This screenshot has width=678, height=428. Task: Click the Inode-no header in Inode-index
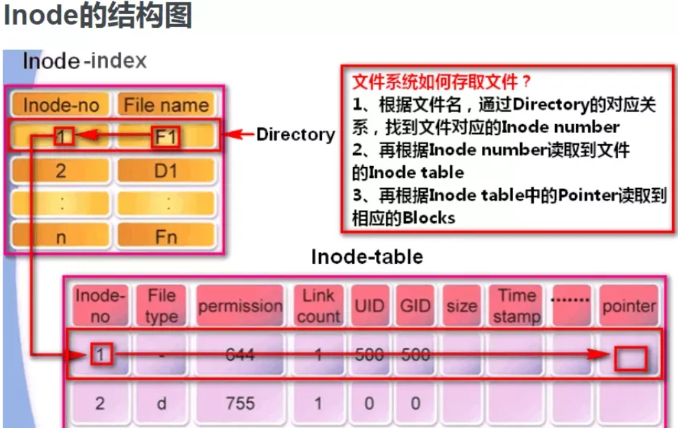61,105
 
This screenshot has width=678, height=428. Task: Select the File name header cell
166,105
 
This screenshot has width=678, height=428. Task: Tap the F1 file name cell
166,136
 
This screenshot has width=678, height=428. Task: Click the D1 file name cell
166,171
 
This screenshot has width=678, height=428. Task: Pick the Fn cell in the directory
166,237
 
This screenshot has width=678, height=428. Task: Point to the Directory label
296,134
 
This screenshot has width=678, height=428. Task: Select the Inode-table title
367,257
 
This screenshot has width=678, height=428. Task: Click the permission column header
240,306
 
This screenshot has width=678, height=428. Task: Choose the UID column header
369,306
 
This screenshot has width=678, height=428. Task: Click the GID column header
415,306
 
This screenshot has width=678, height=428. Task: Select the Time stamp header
516,306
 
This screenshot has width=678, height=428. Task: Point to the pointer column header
629,306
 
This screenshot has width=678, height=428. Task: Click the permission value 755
240,403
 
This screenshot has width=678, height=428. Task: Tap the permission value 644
240,354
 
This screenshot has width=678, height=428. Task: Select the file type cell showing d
162,403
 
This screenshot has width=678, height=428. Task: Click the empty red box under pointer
630,358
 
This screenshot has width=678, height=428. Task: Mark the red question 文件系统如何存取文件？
442,82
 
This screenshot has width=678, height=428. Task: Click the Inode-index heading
85,61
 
